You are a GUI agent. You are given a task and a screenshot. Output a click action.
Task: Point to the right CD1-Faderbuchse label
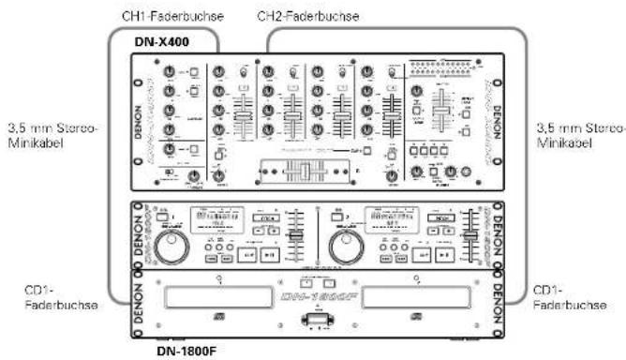(x=565, y=296)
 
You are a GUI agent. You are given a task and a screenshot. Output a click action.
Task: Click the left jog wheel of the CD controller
(x=171, y=248)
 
